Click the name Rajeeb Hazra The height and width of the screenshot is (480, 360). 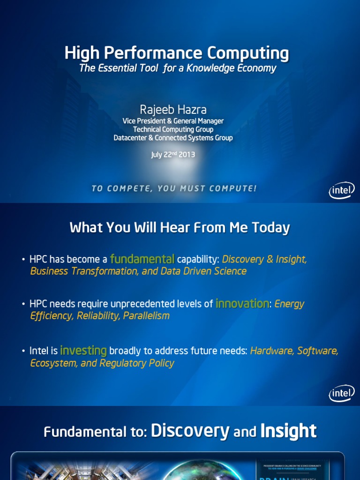coord(173,109)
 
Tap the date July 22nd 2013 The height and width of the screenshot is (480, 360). coord(173,155)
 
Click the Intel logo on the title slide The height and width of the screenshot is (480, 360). coord(342,190)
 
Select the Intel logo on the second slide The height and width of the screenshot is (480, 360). coord(342,394)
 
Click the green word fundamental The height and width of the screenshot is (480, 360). coord(142,259)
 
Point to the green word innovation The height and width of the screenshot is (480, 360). coord(242,304)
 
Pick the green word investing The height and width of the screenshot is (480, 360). coord(83,351)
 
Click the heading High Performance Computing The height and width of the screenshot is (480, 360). coord(177,53)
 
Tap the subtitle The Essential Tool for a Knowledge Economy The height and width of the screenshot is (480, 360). coord(178,68)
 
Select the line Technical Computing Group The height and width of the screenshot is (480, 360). coord(173,129)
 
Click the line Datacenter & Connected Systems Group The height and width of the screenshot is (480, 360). coord(173,138)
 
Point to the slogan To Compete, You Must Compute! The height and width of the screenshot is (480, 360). coord(174,188)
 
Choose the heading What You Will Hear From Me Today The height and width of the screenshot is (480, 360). coord(180,228)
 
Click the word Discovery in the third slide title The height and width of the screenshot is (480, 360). coord(190,430)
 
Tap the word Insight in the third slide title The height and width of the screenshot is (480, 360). coord(288,430)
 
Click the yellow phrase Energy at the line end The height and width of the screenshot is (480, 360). coord(289,304)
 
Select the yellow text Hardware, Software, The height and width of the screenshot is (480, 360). coord(294,351)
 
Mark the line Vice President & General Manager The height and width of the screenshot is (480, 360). coord(173,121)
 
